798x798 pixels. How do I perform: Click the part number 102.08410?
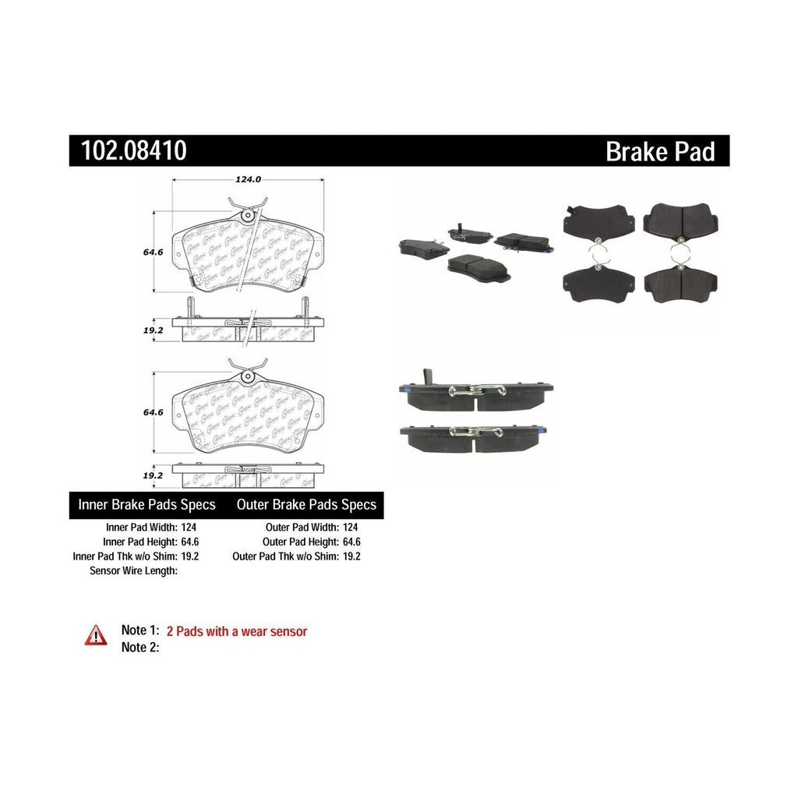click(129, 150)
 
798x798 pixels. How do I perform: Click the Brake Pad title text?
click(659, 151)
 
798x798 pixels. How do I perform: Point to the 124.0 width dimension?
click(247, 179)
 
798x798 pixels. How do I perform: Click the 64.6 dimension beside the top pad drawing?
click(152, 252)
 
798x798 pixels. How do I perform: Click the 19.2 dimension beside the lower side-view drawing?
click(152, 474)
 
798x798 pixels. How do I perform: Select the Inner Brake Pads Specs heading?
click(147, 505)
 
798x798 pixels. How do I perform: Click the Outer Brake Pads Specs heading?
click(306, 505)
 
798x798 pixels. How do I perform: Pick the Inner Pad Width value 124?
click(190, 527)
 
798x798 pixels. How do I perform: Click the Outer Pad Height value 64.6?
click(351, 542)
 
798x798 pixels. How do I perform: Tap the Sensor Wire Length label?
click(135, 570)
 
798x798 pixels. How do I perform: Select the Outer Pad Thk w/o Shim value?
click(351, 556)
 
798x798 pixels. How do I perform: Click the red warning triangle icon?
click(97, 635)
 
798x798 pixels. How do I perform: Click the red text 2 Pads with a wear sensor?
click(237, 631)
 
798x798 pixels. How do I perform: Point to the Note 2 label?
click(140, 647)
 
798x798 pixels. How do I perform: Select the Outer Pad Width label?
click(300, 527)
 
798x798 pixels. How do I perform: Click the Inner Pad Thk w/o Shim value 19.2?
click(191, 556)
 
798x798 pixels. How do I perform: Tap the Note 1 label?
click(140, 631)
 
